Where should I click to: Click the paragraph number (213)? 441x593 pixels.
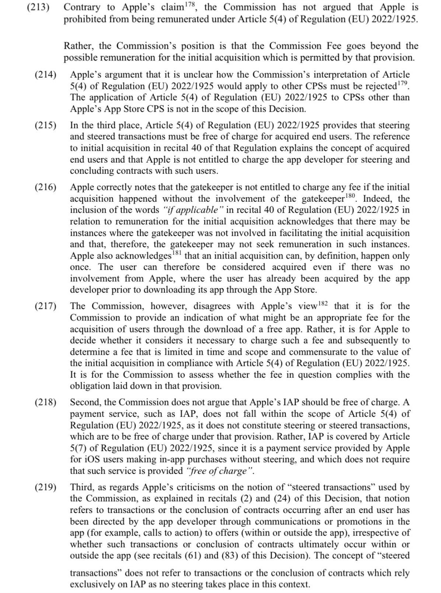(x=38, y=7)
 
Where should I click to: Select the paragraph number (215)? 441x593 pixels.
(x=45, y=125)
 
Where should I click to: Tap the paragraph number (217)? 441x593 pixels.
(x=45, y=306)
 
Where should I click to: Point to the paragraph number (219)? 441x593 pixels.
(x=45, y=487)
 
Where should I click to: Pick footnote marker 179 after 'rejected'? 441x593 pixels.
(x=403, y=83)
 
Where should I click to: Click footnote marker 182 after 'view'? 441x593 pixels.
(x=323, y=304)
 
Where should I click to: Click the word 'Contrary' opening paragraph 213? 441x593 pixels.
(x=82, y=7)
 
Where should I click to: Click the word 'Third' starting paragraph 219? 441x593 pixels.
(x=83, y=487)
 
